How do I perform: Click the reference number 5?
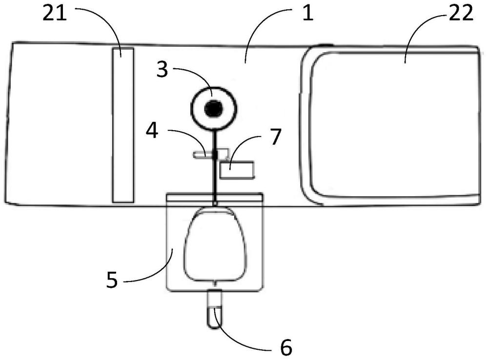point(112,281)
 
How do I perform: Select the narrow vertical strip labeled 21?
point(122,124)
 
